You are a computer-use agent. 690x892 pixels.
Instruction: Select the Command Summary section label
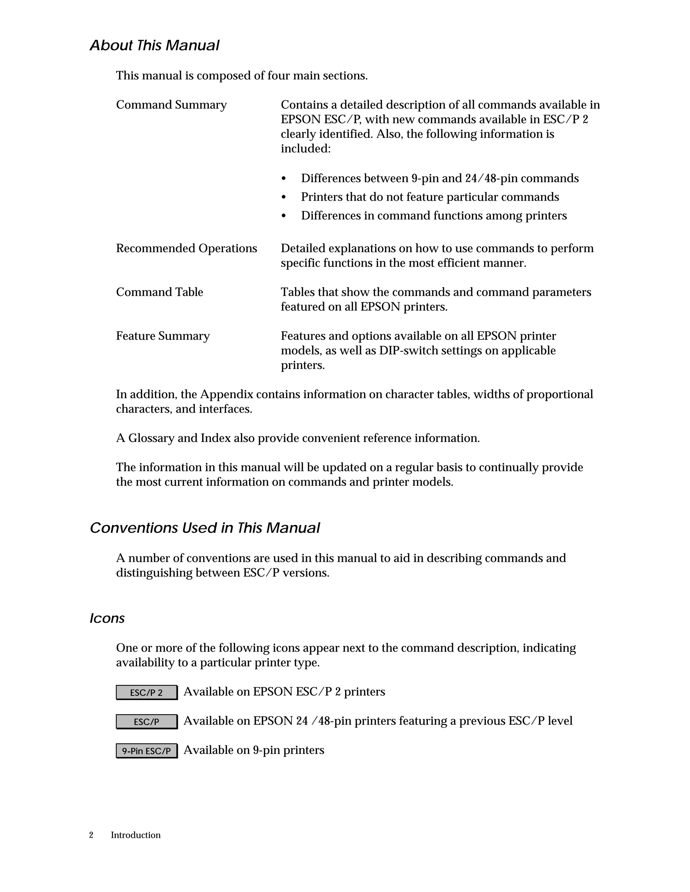click(x=171, y=105)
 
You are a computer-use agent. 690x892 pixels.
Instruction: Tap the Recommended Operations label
click(x=186, y=248)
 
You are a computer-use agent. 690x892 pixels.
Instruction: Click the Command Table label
click(x=159, y=292)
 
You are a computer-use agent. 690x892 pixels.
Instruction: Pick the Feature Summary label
click(x=163, y=336)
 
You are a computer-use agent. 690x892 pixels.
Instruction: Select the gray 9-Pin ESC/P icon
click(x=146, y=751)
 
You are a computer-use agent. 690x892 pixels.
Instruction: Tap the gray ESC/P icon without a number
click(x=146, y=722)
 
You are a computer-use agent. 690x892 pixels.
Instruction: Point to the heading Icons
click(x=107, y=618)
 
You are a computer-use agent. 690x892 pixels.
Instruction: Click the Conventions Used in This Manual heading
click(x=205, y=528)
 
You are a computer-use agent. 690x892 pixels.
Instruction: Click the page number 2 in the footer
click(x=91, y=835)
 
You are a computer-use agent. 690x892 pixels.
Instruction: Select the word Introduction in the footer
click(x=135, y=835)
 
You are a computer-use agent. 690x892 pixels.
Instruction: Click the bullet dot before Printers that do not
click(x=284, y=198)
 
